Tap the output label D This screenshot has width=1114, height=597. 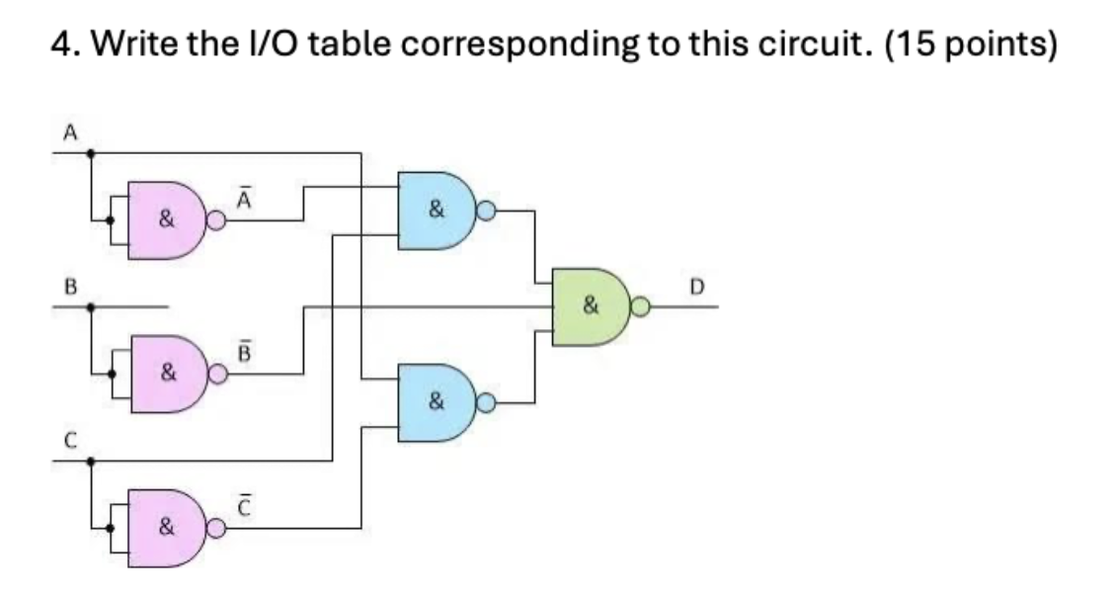[x=696, y=287]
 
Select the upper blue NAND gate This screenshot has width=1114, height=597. [x=436, y=210]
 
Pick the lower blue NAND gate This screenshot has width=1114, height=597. [x=436, y=402]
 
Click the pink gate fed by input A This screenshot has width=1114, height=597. [x=166, y=220]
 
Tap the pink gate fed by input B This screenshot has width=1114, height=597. [x=166, y=374]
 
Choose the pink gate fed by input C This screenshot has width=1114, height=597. [x=166, y=528]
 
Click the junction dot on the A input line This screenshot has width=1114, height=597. [x=92, y=153]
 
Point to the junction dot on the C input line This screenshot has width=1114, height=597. [x=92, y=461]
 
